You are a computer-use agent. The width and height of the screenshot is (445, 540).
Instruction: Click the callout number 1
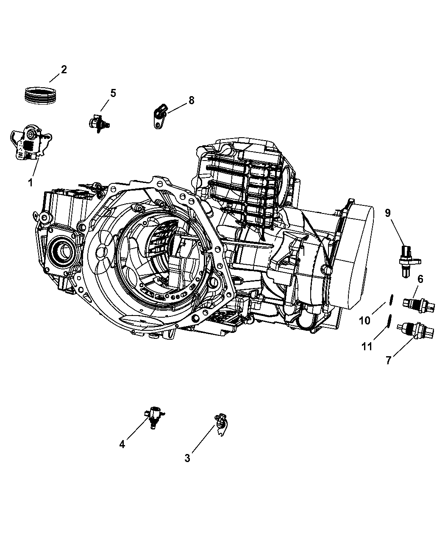(30, 183)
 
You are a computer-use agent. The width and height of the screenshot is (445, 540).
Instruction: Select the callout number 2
(64, 69)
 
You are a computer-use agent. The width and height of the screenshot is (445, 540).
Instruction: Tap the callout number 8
(192, 100)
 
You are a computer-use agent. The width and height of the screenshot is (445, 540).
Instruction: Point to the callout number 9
(387, 213)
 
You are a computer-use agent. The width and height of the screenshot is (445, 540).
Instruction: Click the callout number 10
(364, 321)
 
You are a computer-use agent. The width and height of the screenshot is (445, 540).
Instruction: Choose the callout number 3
(187, 458)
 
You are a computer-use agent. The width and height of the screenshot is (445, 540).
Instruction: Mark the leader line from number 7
(400, 346)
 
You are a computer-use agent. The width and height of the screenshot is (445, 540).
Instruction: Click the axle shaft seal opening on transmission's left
(61, 250)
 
